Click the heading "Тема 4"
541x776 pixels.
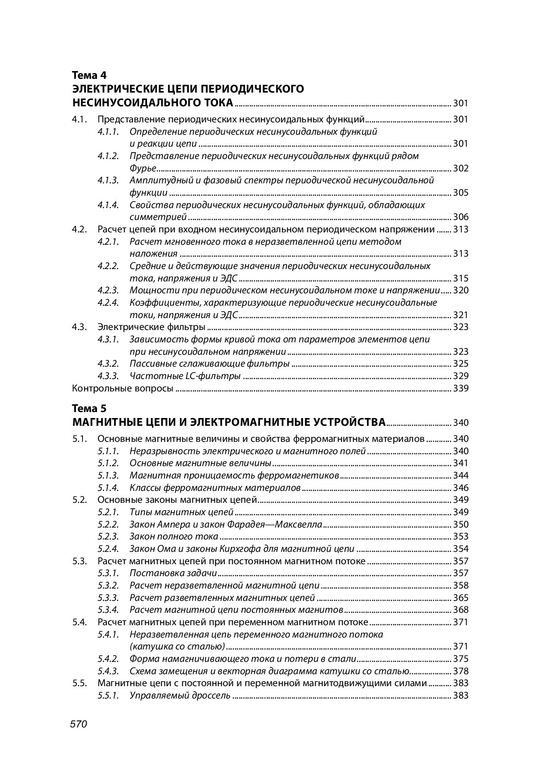(89, 75)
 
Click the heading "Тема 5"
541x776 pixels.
(89, 408)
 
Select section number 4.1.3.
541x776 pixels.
(108, 181)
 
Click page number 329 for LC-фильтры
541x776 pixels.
(460, 376)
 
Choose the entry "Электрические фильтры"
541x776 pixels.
(151, 327)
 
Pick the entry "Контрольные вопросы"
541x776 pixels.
(123, 388)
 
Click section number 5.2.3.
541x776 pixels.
(108, 536)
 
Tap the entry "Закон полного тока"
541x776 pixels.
(174, 536)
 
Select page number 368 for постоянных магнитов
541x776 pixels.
(460, 610)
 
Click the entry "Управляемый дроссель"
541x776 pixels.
(180, 695)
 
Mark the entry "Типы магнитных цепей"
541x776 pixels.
(181, 512)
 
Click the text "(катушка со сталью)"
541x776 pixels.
(177, 646)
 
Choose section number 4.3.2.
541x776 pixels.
(108, 363)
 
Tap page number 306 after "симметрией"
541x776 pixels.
(460, 217)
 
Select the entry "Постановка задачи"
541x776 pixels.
(173, 573)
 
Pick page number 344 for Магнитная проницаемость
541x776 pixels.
(460, 475)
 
